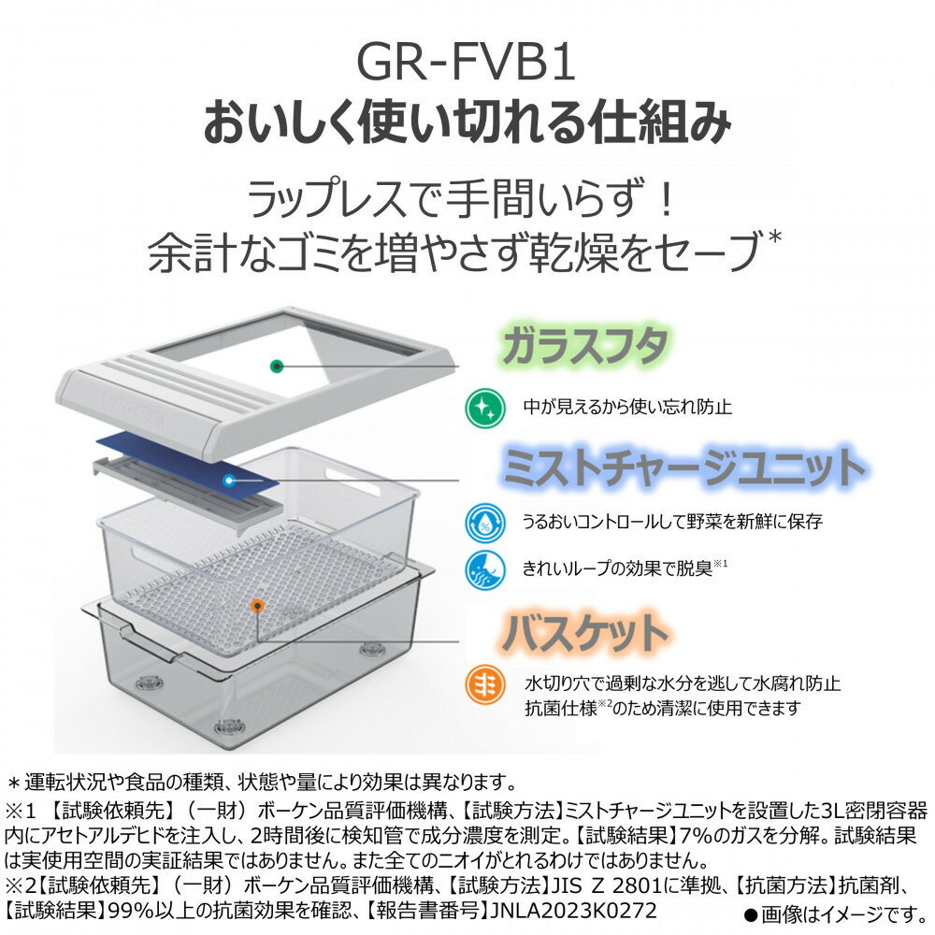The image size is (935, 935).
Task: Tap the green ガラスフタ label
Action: [x=584, y=346]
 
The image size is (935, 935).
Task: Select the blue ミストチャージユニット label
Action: [x=683, y=467]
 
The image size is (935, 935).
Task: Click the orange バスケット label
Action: [x=584, y=632]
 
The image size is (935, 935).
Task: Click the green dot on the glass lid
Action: [x=276, y=367]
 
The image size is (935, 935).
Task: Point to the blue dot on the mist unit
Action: [x=228, y=480]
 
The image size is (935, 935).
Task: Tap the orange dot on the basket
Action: [x=257, y=606]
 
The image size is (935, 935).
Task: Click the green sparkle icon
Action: [x=485, y=408]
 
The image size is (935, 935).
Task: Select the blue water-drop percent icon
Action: [x=485, y=523]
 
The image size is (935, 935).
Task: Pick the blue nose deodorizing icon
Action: [x=485, y=569]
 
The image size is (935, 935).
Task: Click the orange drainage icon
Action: [x=485, y=684]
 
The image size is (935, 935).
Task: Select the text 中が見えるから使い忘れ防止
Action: [x=627, y=407]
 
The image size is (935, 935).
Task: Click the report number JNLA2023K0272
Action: [x=573, y=911]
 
